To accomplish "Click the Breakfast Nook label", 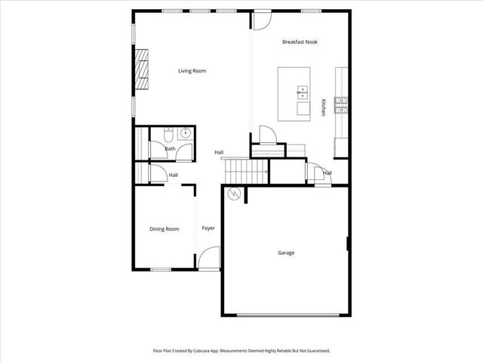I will pos(300,42).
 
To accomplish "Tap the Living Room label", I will pos(192,71).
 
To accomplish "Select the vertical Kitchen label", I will pos(324,107).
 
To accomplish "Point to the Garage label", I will pos(285,253).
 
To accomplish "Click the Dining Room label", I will pos(164,228).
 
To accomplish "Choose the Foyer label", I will pos(208,228).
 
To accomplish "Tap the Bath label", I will pos(170,149).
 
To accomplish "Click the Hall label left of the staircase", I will pos(219,153).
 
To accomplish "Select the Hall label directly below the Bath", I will pos(173,175).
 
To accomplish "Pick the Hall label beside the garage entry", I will pos(328,172).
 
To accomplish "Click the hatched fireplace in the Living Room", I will pos(142,70).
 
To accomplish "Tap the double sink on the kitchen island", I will pos(302,94).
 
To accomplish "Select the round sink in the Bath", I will pos(186,135).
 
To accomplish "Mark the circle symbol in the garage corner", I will pos(235,194).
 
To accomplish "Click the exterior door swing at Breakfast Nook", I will pos(259,20).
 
